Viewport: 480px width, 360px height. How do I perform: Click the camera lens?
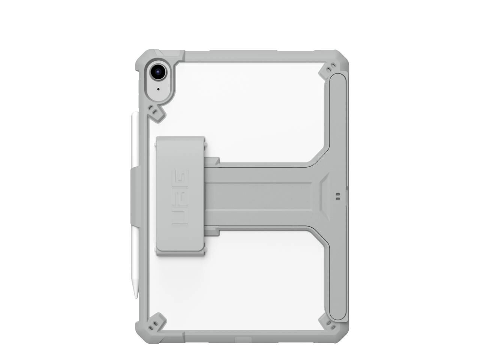pos(158,71)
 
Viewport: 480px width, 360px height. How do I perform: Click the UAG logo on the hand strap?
pos(180,197)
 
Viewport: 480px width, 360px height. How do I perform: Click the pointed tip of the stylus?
pos(136,298)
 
